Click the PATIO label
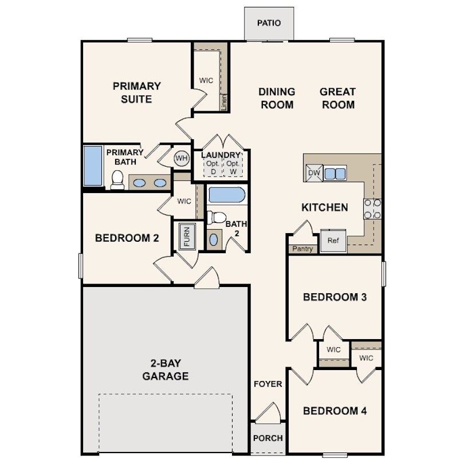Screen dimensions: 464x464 pos(269,23)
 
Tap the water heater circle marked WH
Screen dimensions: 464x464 pos(182,158)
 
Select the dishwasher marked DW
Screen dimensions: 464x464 pos(314,172)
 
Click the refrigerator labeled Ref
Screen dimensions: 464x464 pos(333,241)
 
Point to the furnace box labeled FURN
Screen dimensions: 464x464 pos(187,237)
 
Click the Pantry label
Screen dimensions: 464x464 pos(302,249)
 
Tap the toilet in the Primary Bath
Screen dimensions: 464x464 pos(117,180)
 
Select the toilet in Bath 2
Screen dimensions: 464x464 pos(217,218)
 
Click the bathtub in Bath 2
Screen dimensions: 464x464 pos(227,194)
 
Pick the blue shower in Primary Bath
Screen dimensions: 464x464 pos(93,166)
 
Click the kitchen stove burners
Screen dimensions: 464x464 pos(372,209)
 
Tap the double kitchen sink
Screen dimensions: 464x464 pos(335,174)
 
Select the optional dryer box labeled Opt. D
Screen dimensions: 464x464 pos(213,167)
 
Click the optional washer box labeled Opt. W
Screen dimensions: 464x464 pos(233,167)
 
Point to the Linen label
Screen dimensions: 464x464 pos(224,103)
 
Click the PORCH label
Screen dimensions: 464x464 pos(268,438)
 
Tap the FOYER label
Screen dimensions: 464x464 pos(268,384)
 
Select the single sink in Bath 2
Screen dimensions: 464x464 pos(214,239)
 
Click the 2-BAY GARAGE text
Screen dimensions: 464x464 pos(166,369)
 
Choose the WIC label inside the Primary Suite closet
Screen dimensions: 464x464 pos(206,81)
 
